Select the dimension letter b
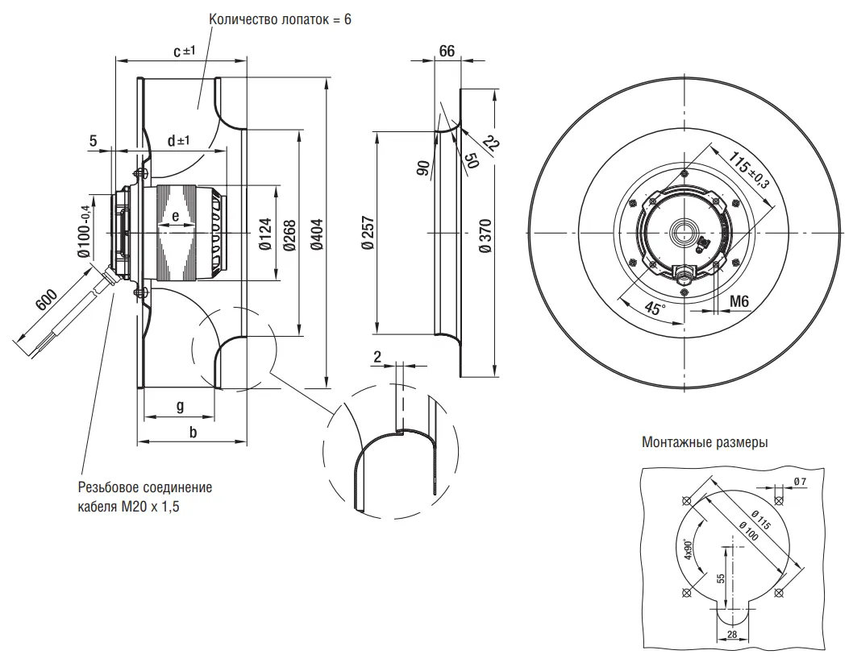pyautogui.click(x=192, y=433)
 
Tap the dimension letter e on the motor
pyautogui.click(x=175, y=216)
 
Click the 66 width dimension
pyautogui.click(x=446, y=51)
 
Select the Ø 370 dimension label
pyautogui.click(x=484, y=235)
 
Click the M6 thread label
pyautogui.click(x=739, y=300)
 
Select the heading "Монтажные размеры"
pyautogui.click(x=705, y=442)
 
